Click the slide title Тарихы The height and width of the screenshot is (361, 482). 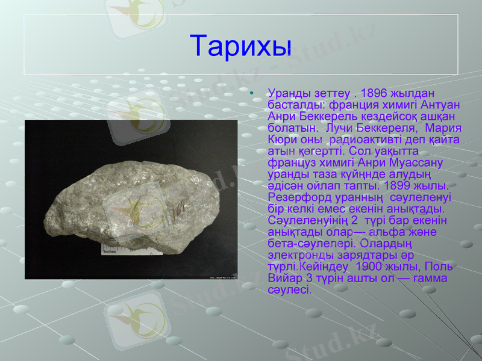[x=241, y=45]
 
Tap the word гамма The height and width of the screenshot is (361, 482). [x=434, y=278]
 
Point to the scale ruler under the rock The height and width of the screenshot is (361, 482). [x=120, y=248]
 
